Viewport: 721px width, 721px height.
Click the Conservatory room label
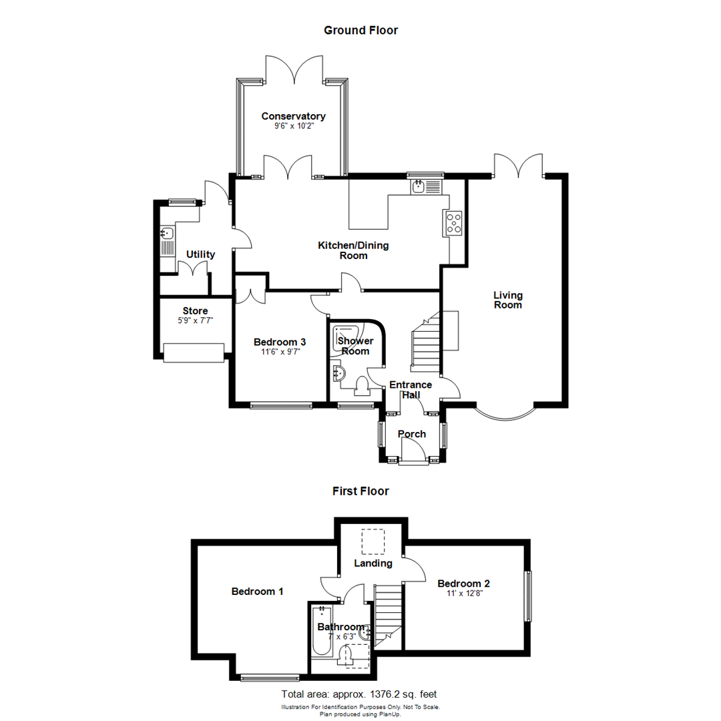(293, 115)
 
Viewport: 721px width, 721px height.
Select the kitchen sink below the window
(419, 186)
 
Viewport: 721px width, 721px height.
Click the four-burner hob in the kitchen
(453, 223)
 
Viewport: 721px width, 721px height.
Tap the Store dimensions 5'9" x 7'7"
(195, 320)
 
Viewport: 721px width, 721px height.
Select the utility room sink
(166, 234)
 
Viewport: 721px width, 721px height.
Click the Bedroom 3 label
(279, 342)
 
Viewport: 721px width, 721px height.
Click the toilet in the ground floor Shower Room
(363, 387)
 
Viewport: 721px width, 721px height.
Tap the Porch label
(412, 434)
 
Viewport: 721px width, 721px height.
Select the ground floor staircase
(424, 344)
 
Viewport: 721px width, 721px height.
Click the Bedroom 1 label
(258, 591)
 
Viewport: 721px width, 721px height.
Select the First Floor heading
(360, 491)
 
